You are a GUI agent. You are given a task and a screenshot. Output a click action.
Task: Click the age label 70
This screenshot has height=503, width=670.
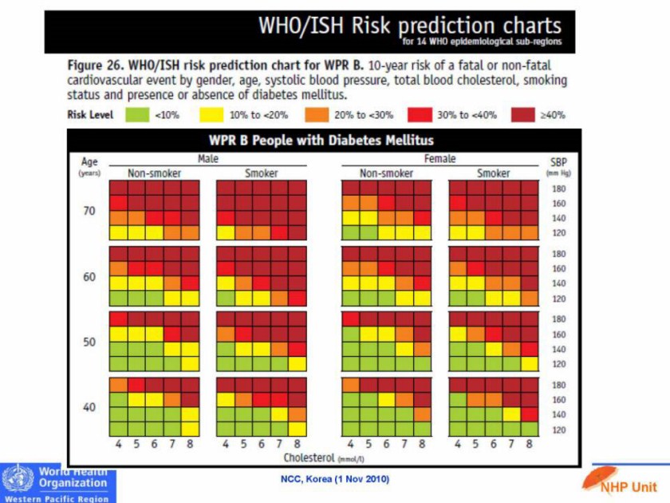(89, 212)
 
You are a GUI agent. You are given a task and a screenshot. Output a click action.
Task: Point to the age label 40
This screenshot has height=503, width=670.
(89, 407)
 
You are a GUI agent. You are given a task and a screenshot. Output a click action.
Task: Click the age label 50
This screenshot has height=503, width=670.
(89, 342)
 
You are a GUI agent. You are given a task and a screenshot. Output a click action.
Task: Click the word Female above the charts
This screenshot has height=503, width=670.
(439, 159)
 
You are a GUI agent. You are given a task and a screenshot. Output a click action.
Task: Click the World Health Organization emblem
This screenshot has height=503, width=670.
(18, 481)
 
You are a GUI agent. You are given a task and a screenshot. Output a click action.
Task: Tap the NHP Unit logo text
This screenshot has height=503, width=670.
(629, 486)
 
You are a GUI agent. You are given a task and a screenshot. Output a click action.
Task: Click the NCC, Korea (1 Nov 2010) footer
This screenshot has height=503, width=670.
(334, 479)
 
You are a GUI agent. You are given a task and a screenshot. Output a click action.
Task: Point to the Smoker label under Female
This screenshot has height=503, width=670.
(493, 173)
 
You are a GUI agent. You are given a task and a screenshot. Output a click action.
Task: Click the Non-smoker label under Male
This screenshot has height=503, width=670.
(155, 173)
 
